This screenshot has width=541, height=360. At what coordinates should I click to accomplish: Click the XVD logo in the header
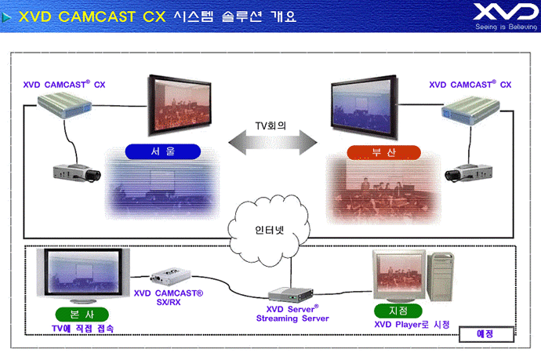506,16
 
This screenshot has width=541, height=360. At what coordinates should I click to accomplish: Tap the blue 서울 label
163,151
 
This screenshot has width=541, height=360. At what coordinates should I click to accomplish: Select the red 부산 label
383,153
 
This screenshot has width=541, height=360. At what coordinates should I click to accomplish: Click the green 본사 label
82,315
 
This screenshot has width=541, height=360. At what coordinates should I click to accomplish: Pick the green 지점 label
398,311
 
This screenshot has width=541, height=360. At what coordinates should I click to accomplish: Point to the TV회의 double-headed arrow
273,142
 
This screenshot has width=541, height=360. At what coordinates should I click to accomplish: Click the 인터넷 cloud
268,231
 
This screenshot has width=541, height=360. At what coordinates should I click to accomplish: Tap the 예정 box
486,334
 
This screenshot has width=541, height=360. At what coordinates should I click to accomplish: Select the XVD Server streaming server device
291,295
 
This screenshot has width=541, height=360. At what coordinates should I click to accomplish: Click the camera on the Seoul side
77,173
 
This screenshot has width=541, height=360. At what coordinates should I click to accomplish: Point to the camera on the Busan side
468,172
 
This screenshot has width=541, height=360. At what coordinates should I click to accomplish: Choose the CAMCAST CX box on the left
64,106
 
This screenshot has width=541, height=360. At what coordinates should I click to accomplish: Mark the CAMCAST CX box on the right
470,111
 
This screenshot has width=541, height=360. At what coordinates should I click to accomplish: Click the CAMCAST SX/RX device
170,276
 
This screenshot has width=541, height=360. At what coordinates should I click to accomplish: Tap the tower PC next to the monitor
441,277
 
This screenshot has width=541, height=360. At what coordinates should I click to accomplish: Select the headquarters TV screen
83,275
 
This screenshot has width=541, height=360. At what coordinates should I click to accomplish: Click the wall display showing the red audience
180,105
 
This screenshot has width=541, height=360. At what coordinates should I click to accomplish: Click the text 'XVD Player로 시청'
412,325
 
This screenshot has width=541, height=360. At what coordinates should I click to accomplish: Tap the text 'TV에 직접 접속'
83,329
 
